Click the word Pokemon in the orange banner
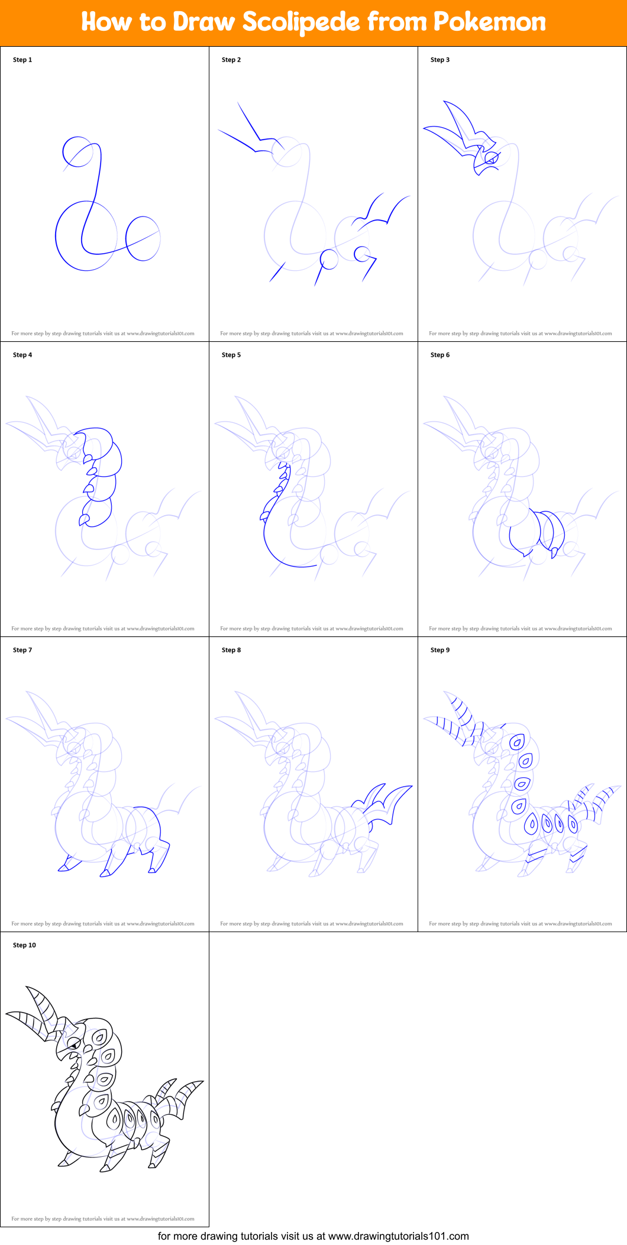pos(489,22)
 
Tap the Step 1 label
pos(22,60)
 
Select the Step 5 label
pos(231,355)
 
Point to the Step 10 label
pos(24,945)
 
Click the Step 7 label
pos(22,650)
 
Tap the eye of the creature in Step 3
pos(491,158)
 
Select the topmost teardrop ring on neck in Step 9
pos(518,742)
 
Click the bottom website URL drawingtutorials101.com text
pos(398,1236)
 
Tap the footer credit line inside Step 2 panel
pos(312,334)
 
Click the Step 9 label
pos(440,650)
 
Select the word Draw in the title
pos(204,22)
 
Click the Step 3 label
pos(440,60)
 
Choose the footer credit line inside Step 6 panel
pos(521,629)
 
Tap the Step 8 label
pos(231,650)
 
